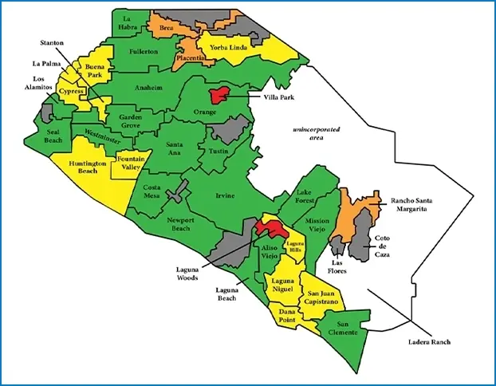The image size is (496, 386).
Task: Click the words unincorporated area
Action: click(316, 132)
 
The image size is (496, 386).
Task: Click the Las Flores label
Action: click(342, 266)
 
